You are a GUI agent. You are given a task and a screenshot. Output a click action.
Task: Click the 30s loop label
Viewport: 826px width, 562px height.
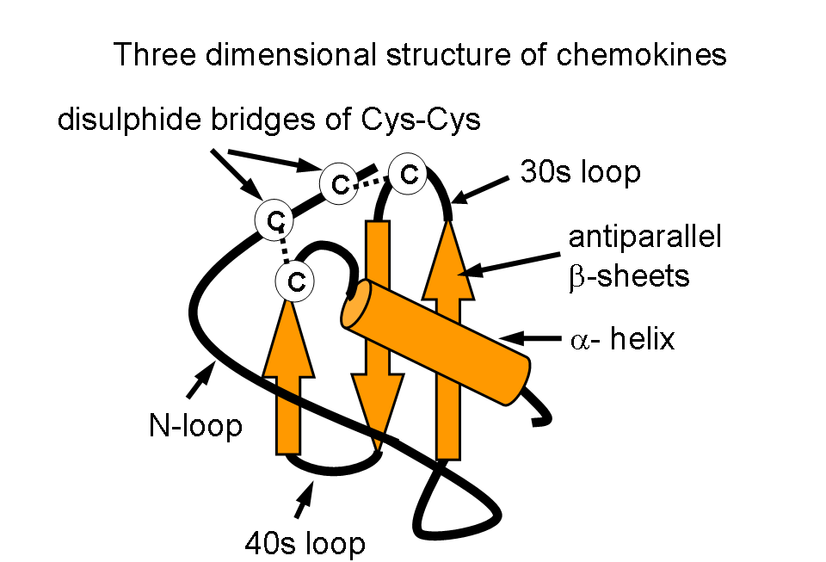[x=580, y=172]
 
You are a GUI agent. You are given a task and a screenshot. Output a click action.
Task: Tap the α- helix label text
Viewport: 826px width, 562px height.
[x=624, y=339]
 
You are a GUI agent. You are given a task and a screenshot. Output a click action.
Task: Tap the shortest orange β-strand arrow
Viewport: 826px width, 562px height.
[x=292, y=379]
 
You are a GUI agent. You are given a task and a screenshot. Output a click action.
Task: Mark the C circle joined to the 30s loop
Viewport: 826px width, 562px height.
[x=408, y=173]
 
